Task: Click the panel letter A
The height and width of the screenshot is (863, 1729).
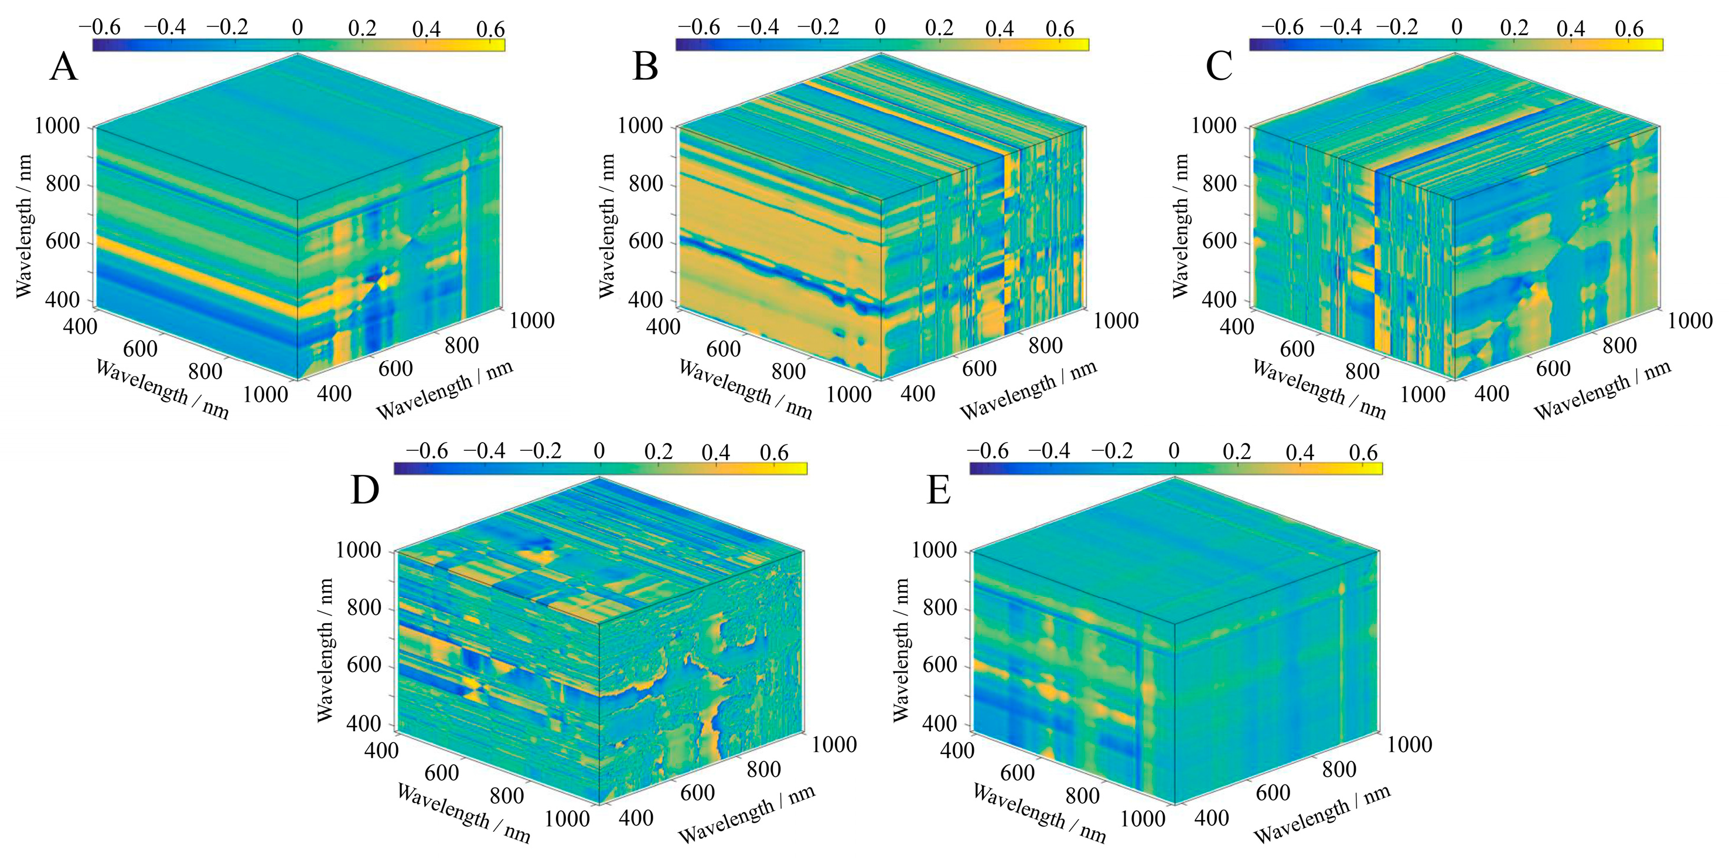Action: tap(63, 68)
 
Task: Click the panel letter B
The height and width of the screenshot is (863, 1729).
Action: tap(645, 68)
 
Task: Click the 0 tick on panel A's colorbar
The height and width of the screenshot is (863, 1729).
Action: tap(297, 28)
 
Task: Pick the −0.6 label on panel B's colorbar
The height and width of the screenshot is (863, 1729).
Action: tap(699, 28)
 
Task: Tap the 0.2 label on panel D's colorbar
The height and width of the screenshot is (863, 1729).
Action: tap(658, 451)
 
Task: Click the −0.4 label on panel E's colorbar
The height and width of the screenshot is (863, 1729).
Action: tap(1049, 451)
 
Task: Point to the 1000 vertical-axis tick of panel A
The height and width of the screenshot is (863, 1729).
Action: tap(57, 126)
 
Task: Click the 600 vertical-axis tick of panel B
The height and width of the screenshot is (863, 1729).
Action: tap(647, 242)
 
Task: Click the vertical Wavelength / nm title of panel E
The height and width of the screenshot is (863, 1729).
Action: tap(902, 650)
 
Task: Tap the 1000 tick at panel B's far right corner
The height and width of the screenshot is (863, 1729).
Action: tap(1116, 321)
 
